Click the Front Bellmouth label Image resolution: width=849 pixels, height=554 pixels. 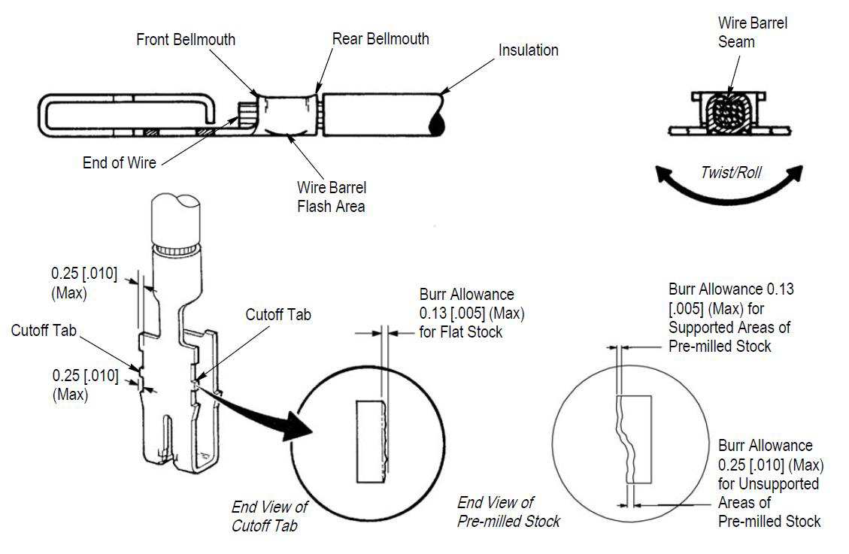186,39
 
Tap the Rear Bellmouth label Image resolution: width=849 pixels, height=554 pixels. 381,38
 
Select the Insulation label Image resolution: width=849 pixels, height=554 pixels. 528,50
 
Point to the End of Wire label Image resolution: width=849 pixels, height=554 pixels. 120,162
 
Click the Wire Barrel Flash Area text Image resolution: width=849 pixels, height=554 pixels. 332,196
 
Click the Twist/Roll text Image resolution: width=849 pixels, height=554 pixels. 730,173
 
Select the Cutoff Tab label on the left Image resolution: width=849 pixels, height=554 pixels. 44,331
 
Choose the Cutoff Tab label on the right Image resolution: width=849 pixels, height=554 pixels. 278,315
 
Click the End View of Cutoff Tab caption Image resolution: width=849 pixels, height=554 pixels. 264,515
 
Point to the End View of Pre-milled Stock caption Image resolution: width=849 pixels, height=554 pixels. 508,511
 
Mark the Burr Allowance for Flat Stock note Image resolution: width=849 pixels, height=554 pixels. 471,312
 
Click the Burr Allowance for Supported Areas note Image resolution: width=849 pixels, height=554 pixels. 730,317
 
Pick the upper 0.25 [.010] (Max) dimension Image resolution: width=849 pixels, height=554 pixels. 83,282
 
